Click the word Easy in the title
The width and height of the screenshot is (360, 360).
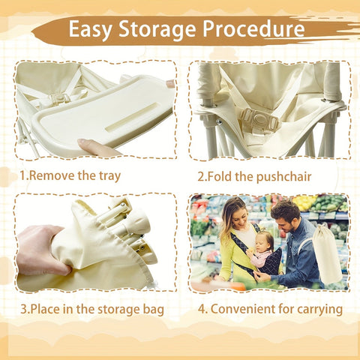coord(90,29)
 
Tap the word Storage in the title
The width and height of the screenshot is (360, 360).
coord(157,30)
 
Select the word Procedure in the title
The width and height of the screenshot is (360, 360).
coord(253,29)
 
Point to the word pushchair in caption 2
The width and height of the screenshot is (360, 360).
coord(283,176)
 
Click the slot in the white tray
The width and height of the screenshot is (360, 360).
coord(131,117)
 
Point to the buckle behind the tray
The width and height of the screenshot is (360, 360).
coord(60,98)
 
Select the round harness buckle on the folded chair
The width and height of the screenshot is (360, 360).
coord(259,120)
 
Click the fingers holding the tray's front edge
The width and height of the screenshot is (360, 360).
coord(96,148)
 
